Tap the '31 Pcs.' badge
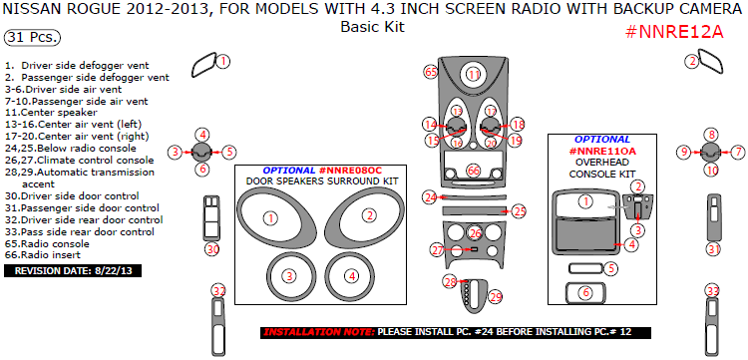[x=32, y=38]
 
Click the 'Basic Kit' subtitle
[x=372, y=27]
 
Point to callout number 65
[x=431, y=72]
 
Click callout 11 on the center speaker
[x=474, y=75]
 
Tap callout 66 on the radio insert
[x=474, y=172]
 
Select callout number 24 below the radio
[x=428, y=197]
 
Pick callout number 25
[x=519, y=210]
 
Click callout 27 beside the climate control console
[x=437, y=249]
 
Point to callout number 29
[x=496, y=296]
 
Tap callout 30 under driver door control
[x=211, y=248]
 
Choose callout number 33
[x=712, y=290]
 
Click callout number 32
[x=218, y=290]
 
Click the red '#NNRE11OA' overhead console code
[x=601, y=152]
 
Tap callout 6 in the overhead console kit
[x=585, y=293]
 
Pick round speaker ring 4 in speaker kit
[x=350, y=275]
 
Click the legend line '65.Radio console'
[x=46, y=243]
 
